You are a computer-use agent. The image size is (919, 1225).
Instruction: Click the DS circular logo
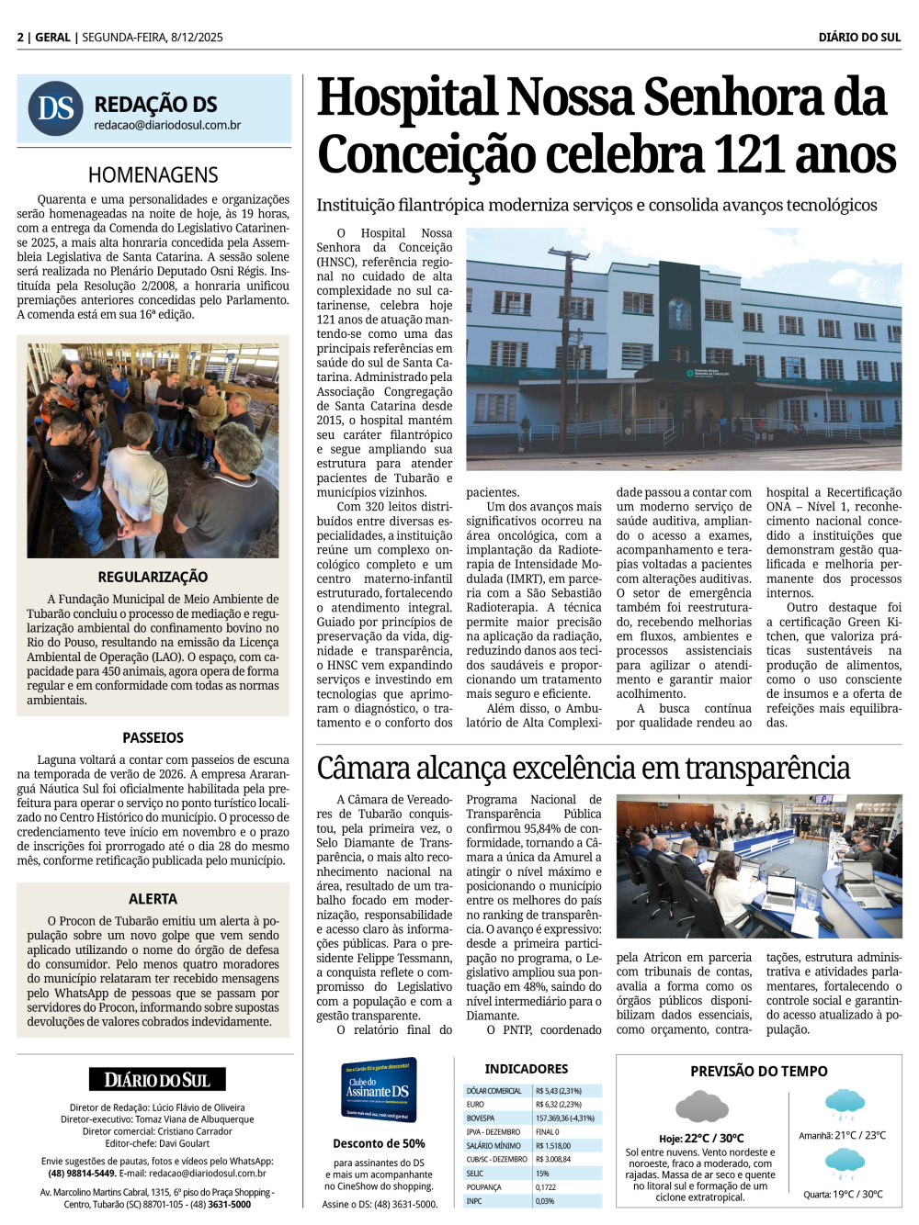point(56,108)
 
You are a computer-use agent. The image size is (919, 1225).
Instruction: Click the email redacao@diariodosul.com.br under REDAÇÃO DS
point(167,126)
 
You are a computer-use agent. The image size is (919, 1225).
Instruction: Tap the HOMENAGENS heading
point(153,174)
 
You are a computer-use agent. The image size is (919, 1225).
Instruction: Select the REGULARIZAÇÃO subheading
point(153,577)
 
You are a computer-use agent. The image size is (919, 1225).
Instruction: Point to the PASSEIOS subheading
point(153,737)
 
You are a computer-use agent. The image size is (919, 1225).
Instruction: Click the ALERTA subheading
point(153,899)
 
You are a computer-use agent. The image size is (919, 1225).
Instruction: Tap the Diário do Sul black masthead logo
point(157,1080)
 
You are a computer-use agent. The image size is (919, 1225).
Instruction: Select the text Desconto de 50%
point(379,1143)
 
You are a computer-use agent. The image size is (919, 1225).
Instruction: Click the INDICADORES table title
point(527,1069)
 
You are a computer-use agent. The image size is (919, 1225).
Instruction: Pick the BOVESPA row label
point(481,1118)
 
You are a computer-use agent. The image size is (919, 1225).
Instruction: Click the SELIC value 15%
point(542,1174)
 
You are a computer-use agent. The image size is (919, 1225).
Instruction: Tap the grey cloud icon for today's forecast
point(701,1107)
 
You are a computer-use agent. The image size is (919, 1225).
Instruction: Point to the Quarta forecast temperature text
point(843,1195)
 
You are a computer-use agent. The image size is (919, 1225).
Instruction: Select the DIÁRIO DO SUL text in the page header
point(859,38)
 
